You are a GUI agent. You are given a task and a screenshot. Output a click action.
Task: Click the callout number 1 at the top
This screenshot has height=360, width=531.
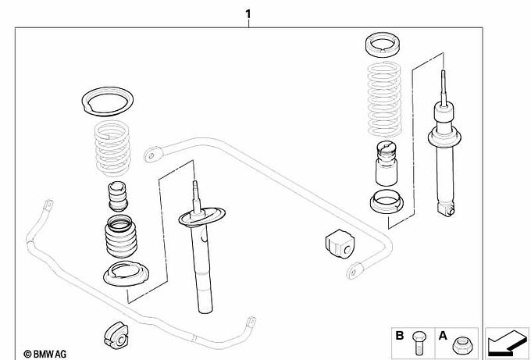[x=248, y=14]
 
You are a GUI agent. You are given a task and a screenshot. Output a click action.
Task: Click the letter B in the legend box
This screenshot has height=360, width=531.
[x=399, y=337]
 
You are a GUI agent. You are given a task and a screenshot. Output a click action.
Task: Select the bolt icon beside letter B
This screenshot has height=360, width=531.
[x=417, y=340]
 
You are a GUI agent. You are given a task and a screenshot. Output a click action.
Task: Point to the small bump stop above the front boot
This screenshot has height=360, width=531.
[x=118, y=196]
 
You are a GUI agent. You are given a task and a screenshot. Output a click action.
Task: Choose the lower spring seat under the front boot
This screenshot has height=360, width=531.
[x=126, y=276]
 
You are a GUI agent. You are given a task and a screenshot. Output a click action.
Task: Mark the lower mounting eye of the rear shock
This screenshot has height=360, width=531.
[x=447, y=209]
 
